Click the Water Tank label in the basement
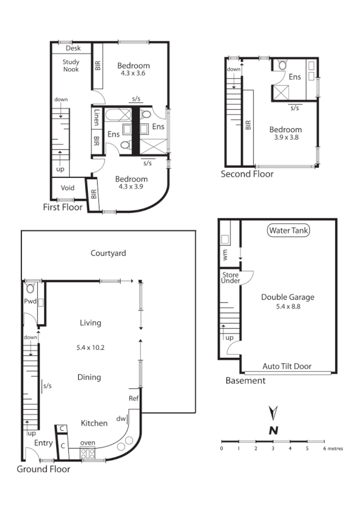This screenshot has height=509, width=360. pyautogui.click(x=289, y=230)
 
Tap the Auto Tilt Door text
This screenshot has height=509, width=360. pyautogui.click(x=287, y=366)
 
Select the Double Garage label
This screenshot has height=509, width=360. pyautogui.click(x=287, y=297)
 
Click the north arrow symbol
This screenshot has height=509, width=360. pyautogui.click(x=274, y=421)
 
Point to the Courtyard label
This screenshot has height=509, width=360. pyautogui.click(x=108, y=252)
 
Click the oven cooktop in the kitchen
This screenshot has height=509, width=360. pyautogui.click(x=87, y=453)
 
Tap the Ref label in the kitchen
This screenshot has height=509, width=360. pyautogui.click(x=134, y=398)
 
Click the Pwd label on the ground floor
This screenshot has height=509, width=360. pyautogui.click(x=30, y=301)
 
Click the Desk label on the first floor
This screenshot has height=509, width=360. pyautogui.click(x=73, y=48)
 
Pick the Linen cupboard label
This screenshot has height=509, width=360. pyautogui.click(x=97, y=117)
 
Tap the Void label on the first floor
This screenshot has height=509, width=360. pyautogui.click(x=68, y=188)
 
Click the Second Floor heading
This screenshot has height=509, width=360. pyautogui.click(x=247, y=174)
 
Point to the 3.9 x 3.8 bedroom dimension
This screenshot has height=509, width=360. pyautogui.click(x=285, y=138)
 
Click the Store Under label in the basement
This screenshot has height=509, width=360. pyautogui.click(x=230, y=277)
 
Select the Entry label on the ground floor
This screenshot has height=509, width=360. pyautogui.click(x=43, y=443)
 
